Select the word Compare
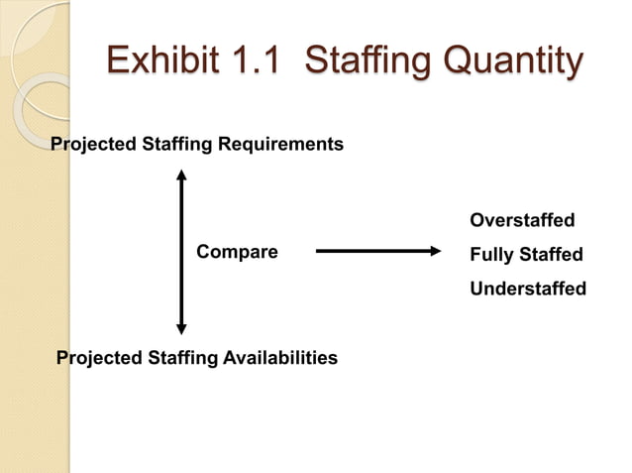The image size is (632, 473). [x=237, y=253]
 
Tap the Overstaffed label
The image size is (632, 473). [x=522, y=219]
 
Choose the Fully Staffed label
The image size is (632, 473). [x=526, y=255]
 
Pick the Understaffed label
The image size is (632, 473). [x=528, y=290]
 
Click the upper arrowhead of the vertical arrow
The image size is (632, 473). [x=181, y=177]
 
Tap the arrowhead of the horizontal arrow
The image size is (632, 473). [x=432, y=252]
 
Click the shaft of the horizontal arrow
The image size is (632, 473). [x=371, y=252]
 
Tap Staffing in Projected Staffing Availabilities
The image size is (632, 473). [x=181, y=357]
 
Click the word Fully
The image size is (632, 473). [x=491, y=255]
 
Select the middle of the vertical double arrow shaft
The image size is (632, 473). [x=181, y=251]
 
